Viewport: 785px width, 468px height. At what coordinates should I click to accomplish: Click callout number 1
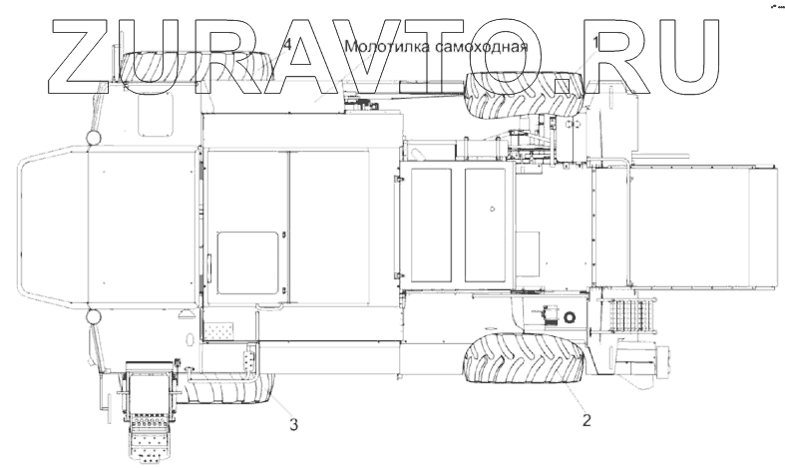(x=595, y=42)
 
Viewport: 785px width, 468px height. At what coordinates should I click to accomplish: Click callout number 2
(x=587, y=420)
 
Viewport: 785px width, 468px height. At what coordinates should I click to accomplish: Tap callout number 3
(x=294, y=424)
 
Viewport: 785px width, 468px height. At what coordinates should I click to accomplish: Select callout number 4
(x=287, y=45)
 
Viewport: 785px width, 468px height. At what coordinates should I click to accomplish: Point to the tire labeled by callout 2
(x=525, y=357)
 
